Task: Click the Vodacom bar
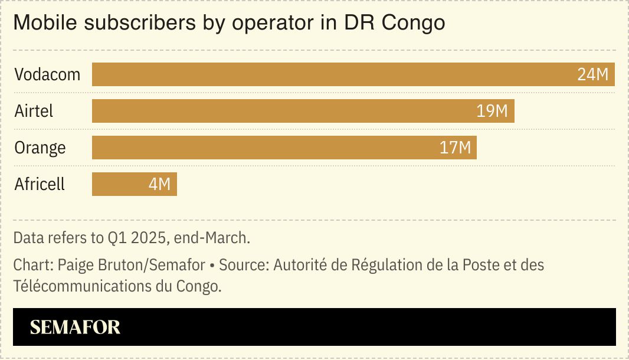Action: click(330, 75)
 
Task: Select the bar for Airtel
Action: click(283, 112)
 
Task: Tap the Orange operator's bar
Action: click(266, 148)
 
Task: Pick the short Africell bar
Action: click(118, 184)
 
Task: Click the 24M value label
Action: click(592, 75)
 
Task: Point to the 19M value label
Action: click(492, 112)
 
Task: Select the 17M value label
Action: click(456, 148)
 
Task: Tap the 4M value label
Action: click(159, 184)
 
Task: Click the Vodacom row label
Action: click(47, 75)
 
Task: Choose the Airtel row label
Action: click(34, 112)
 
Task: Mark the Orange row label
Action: click(40, 148)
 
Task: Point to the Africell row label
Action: click(40, 184)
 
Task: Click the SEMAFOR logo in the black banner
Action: click(75, 328)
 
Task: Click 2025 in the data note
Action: click(146, 238)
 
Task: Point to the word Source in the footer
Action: click(243, 265)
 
